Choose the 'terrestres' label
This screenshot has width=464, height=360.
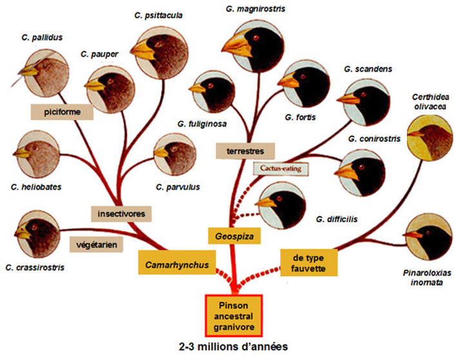[x=245, y=151]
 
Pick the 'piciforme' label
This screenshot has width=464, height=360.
[x=62, y=112]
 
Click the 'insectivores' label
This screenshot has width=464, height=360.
[x=121, y=212]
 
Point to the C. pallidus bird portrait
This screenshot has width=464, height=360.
[x=37, y=71]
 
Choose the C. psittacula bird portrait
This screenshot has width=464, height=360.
[x=155, y=47]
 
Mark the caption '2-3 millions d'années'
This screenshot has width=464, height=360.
[x=233, y=346]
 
